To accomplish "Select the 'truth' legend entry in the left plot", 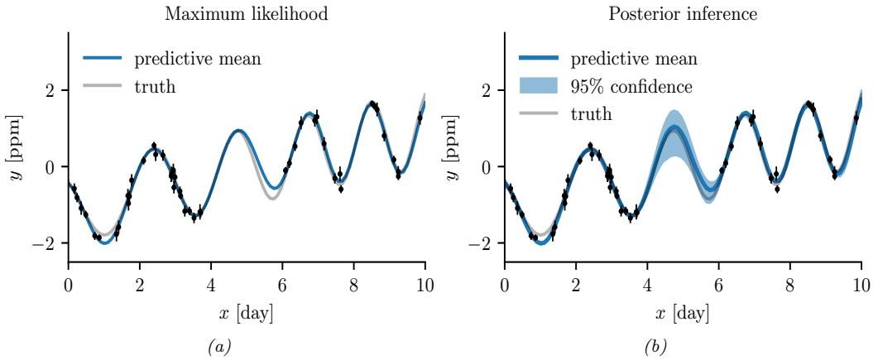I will [155, 86].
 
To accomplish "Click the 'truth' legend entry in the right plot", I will [592, 113].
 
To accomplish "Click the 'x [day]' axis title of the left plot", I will [246, 314].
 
